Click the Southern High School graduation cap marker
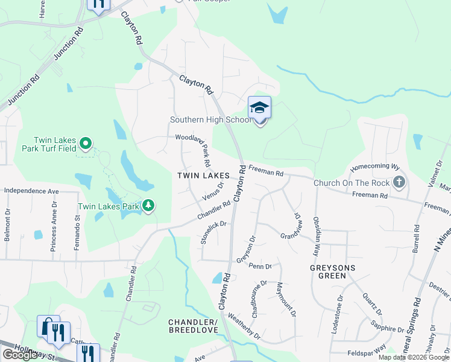coord(259,108)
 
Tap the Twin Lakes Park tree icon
coord(148,206)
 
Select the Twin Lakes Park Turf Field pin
coord(86,144)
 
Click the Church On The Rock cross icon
coord(399,182)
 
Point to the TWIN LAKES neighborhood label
coord(202,176)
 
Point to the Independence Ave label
coord(31,191)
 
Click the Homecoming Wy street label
coord(376,167)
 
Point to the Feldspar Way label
coord(366,352)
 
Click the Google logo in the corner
coord(20,355)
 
